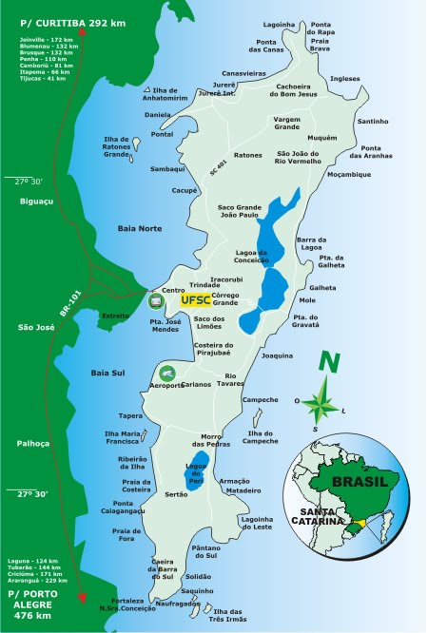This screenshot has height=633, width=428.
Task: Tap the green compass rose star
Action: point(321,402)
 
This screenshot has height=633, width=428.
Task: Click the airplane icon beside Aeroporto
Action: point(167,373)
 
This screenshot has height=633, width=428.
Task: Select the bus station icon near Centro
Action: point(155,301)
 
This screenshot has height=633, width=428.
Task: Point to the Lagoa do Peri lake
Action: point(195,473)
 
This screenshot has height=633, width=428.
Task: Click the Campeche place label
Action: point(261,400)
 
